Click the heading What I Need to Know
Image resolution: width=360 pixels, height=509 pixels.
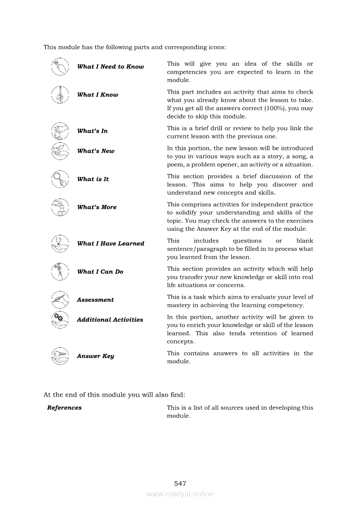(x=110, y=67)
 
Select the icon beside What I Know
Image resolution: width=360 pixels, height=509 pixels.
(x=60, y=94)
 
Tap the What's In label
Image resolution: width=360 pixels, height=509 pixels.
(x=92, y=131)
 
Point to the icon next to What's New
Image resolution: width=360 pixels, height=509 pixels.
(x=60, y=151)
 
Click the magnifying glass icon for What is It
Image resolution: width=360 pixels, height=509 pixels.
(x=60, y=179)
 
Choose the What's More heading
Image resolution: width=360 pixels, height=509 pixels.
(x=96, y=207)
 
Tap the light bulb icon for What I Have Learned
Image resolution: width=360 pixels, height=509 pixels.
(x=60, y=243)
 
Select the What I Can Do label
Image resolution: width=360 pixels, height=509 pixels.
(x=100, y=272)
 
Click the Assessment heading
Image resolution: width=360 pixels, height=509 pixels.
(x=95, y=300)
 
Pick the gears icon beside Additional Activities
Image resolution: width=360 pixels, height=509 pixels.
(x=60, y=320)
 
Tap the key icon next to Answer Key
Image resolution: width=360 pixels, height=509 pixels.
(x=60, y=356)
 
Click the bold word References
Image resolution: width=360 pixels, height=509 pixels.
(x=64, y=408)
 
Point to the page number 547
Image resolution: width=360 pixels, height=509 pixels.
(x=180, y=483)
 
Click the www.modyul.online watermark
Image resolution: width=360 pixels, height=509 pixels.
(x=180, y=494)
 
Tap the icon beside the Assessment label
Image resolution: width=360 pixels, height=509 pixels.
(x=60, y=300)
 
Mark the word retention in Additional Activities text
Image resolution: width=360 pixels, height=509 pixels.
(x=265, y=334)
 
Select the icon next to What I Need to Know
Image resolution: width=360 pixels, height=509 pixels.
(x=60, y=67)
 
